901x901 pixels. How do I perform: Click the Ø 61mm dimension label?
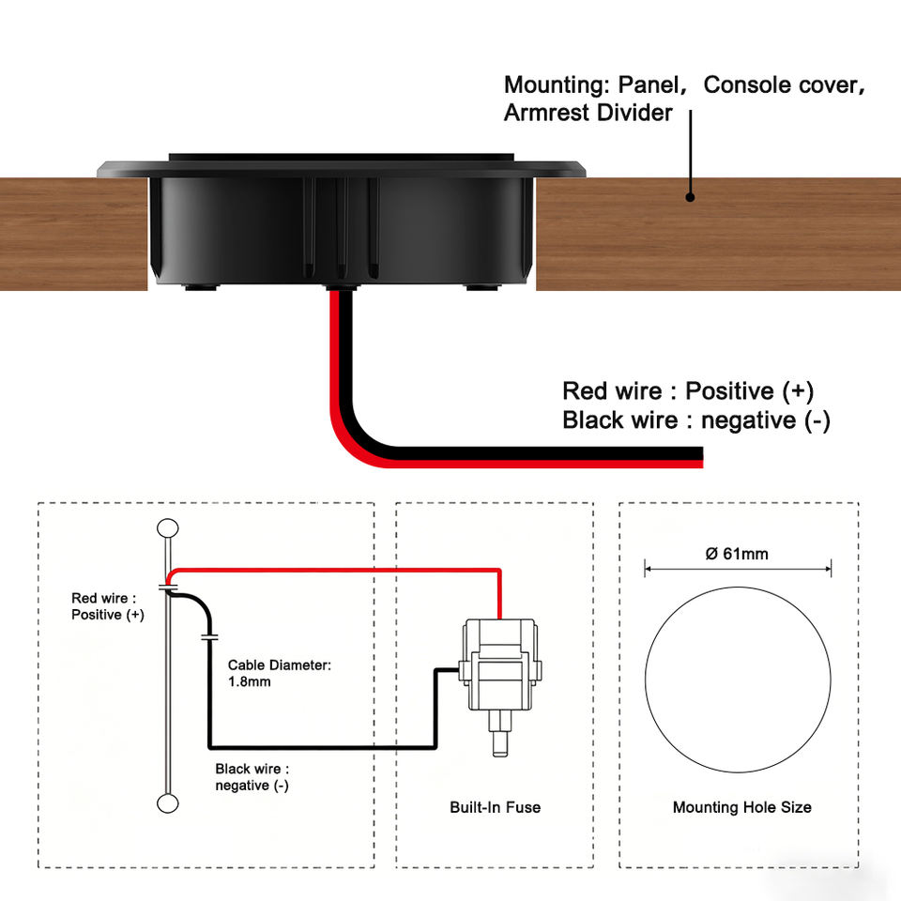coord(737,554)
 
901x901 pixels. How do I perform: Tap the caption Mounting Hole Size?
coord(741,807)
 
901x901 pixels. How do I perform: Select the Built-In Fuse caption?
coord(495,807)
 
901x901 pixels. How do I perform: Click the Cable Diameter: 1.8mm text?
coord(280,673)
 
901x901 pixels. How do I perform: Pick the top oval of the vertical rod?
coord(168,527)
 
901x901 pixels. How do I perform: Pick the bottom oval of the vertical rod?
coord(168,803)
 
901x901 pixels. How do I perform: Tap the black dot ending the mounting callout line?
coord(690,197)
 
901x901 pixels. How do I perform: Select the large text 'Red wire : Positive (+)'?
coord(688,391)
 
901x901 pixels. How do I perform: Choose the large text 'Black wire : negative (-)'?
coord(696,420)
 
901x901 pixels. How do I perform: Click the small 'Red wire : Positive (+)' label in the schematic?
coord(107,606)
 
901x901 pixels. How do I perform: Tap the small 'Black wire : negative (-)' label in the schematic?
coord(252,777)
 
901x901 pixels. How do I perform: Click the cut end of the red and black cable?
coord(702,457)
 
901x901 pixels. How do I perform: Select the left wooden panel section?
coord(73,234)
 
